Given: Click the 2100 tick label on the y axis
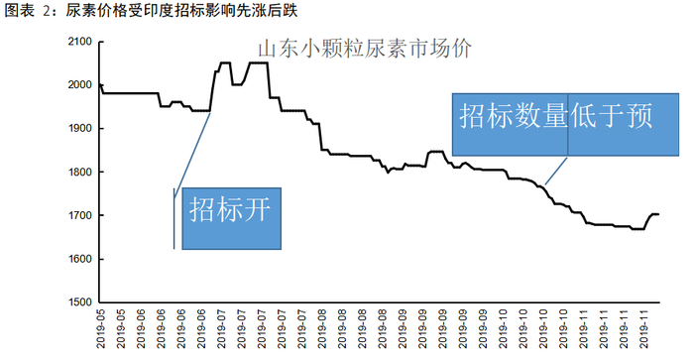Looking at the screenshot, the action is pos(79,42).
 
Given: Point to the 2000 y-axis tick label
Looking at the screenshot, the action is pos(79,84).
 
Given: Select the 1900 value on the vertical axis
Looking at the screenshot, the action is pos(79,128).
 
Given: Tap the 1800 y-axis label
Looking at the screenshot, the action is pos(79,172).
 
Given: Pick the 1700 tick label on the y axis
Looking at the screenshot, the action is pos(79,215).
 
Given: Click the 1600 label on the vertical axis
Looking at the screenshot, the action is pos(79,259).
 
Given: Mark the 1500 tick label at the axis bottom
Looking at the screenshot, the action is pos(79,302).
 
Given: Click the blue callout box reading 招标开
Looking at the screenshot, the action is pos(231,218).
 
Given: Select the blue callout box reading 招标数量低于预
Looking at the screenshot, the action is pos(565,124).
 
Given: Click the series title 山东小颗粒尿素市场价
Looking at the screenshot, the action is pos(365,49).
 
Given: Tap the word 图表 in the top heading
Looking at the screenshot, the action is pos(20,10).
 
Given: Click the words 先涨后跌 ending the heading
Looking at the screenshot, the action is pos(267,10).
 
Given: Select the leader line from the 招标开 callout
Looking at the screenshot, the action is pos(192,155).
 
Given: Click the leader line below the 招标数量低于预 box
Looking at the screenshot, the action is pos(556,171).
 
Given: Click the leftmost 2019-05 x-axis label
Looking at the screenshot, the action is pos(101,329).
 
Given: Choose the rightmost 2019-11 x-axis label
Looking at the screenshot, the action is pos(644,329).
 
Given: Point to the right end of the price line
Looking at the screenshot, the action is pos(659,214).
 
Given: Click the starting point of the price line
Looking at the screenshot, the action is pos(100,84).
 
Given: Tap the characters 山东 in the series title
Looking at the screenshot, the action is pos(279,49).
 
